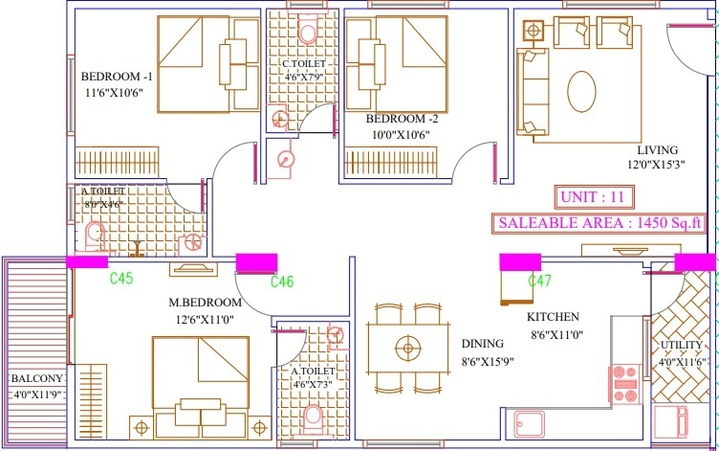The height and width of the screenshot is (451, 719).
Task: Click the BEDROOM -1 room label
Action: (117, 77)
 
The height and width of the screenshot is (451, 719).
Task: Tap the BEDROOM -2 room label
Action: (403, 119)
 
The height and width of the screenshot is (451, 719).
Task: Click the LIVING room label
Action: (658, 150)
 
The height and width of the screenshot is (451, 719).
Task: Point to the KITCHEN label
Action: (553, 318)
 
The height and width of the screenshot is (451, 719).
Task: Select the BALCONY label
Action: (37, 378)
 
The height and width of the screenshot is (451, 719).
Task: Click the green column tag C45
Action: (121, 280)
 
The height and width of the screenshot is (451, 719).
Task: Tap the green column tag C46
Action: (282, 282)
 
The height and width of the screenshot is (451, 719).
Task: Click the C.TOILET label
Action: (303, 64)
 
